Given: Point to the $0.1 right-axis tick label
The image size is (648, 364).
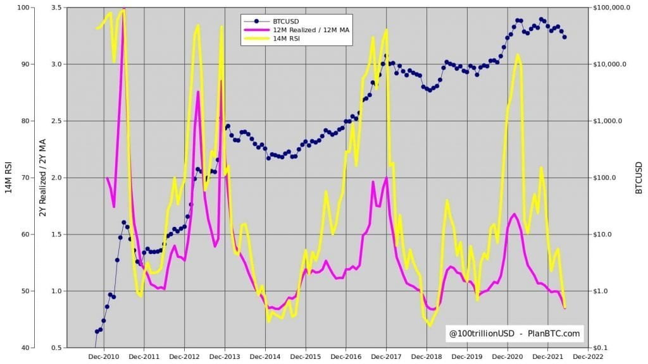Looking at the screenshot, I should (599, 348).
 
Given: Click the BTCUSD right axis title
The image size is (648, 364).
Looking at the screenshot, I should (639, 178).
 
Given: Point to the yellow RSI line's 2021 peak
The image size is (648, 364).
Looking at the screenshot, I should (518, 55).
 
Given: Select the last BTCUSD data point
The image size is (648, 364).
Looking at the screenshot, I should (564, 37).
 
